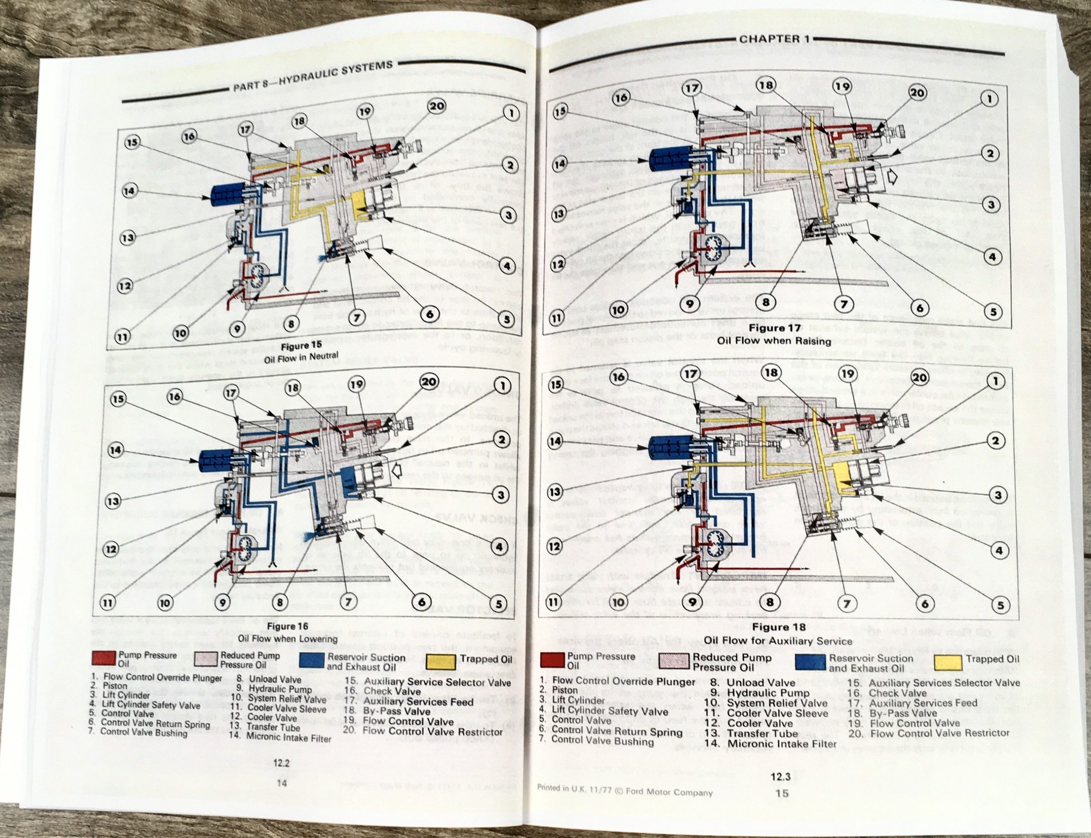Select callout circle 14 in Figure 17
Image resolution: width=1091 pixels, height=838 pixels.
pos(560,164)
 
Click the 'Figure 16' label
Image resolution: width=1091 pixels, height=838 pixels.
pos(288,626)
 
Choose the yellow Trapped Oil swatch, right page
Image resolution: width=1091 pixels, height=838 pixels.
pos(948,662)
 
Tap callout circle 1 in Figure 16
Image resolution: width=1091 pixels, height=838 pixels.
pos(502,386)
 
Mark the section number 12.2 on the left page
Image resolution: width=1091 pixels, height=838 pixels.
pos(282,763)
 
